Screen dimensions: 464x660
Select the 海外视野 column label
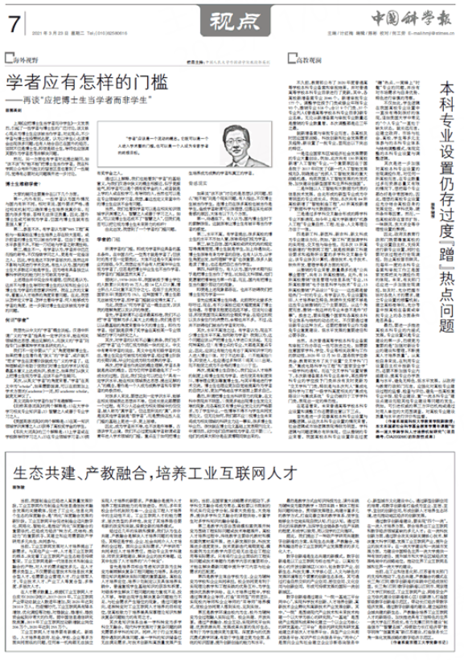27,59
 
